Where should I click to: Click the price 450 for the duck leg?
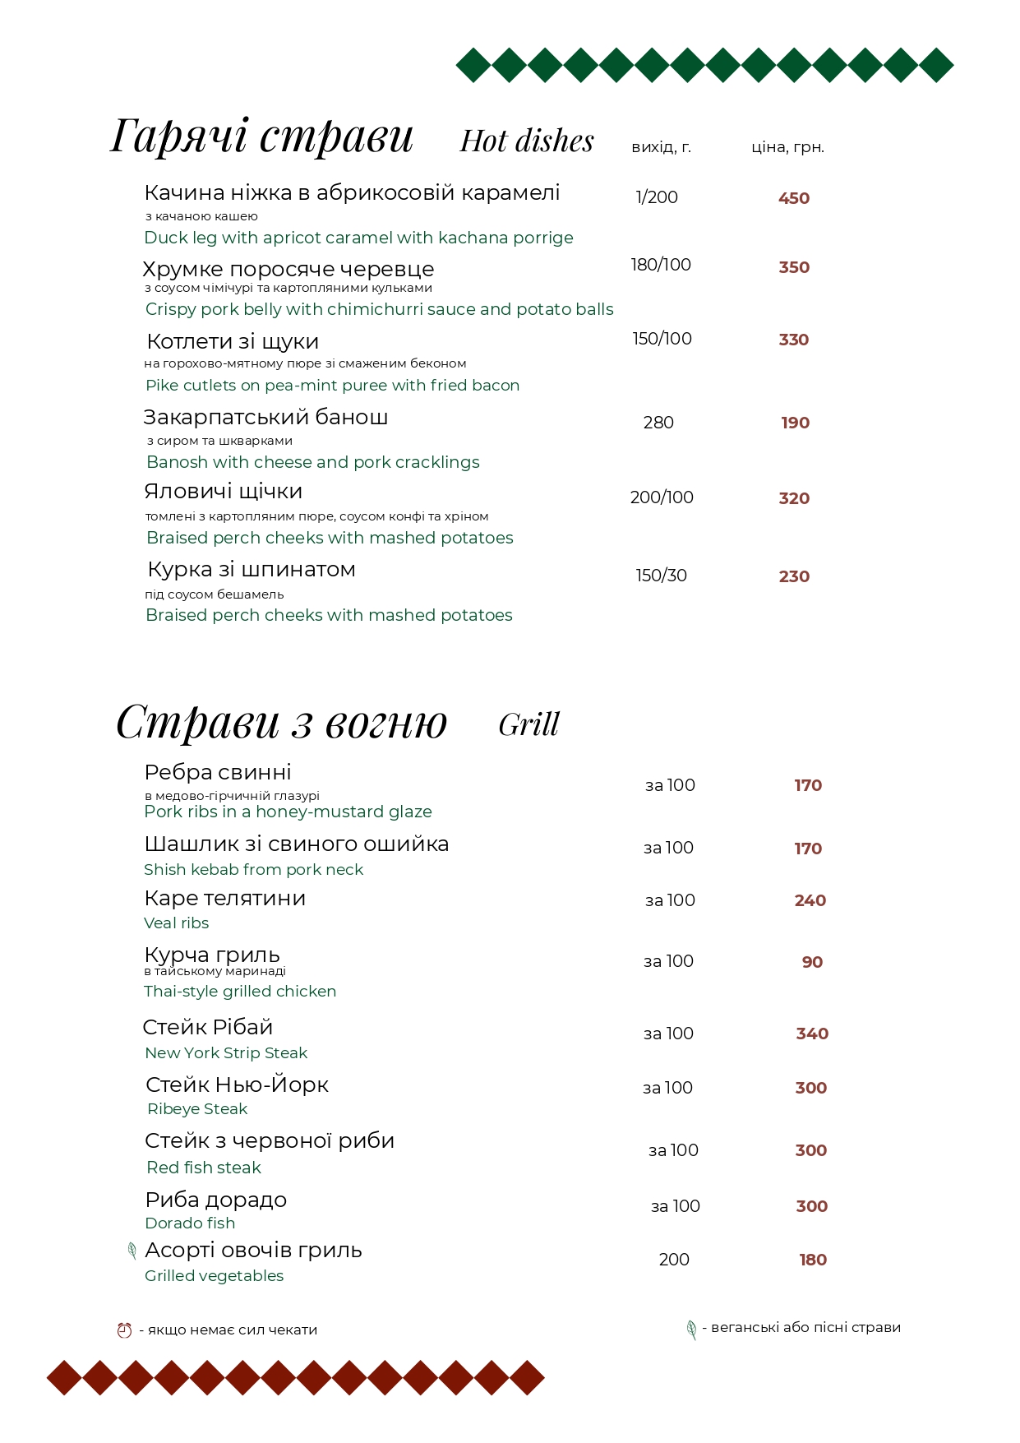(793, 198)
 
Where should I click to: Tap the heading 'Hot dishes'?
(526, 141)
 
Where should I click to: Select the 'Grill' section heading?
(528, 725)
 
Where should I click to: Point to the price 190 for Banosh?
(795, 423)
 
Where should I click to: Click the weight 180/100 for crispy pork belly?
(661, 265)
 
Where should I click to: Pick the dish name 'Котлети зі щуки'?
(233, 341)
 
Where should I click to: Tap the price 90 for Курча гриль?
(812, 962)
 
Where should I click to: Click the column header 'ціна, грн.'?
(787, 147)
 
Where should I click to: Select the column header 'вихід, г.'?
(661, 147)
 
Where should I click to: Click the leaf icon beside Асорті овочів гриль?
(132, 1251)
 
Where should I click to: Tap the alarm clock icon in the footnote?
(124, 1330)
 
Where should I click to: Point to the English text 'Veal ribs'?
(176, 923)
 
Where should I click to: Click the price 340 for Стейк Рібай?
(812, 1034)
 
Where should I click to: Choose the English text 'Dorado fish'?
(190, 1223)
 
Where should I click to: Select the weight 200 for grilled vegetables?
(674, 1260)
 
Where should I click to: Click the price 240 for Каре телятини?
(810, 900)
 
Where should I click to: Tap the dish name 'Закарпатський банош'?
(265, 417)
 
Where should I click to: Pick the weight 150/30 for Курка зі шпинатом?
(661, 576)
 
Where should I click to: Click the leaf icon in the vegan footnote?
(691, 1330)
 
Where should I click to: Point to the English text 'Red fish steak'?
(204, 1168)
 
